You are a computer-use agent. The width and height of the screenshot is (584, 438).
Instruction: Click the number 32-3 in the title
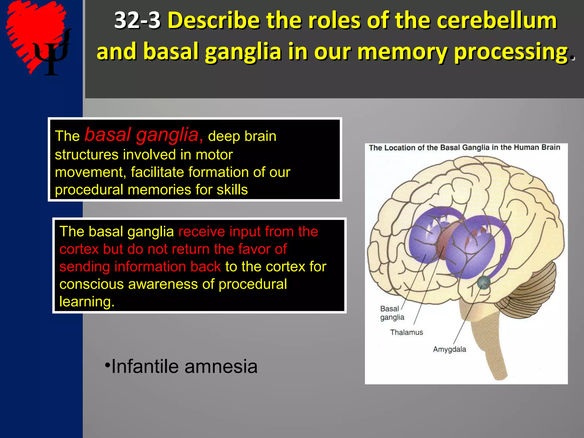(x=137, y=21)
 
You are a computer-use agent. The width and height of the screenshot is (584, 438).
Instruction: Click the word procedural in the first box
(x=89, y=190)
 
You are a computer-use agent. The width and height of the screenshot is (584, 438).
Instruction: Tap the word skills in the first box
(x=232, y=190)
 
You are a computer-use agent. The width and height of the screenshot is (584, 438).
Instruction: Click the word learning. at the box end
(x=87, y=301)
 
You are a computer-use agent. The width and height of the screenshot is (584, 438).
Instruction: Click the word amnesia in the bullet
(x=221, y=366)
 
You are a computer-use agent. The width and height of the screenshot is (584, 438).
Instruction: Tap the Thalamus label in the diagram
(x=406, y=332)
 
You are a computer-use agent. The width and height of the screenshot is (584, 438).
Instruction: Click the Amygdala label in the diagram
(x=449, y=349)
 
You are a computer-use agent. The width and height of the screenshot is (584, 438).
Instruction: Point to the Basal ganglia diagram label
(x=392, y=313)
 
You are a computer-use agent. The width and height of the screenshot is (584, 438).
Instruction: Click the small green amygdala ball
(x=484, y=282)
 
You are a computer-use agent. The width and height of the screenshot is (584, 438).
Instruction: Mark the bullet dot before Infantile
(x=107, y=365)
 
